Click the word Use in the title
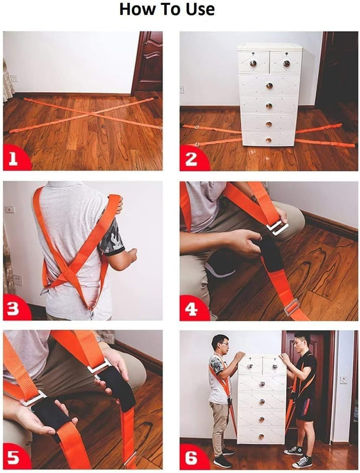pos(197,9)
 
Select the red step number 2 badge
pos(191,159)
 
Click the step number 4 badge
pos(191,309)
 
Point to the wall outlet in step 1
pos(14,78)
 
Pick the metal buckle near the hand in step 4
pos(278,227)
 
